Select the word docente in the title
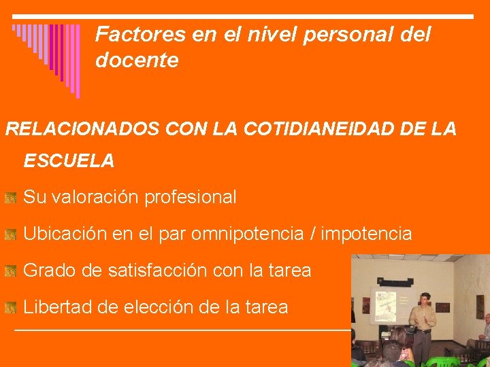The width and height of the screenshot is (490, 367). pos(137,60)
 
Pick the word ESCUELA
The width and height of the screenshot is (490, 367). pos(69,161)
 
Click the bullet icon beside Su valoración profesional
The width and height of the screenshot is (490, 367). pos(10,198)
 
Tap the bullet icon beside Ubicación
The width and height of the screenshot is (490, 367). pos(10,235)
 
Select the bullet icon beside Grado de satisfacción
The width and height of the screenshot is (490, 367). pos(10,271)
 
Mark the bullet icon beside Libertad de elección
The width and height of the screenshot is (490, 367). pos(10,308)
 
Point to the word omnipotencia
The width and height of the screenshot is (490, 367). pos(247,234)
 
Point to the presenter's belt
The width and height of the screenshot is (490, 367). pos(422,331)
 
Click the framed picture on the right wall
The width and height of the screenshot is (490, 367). pos(480,307)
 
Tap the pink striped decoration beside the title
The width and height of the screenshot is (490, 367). pos(46,54)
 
